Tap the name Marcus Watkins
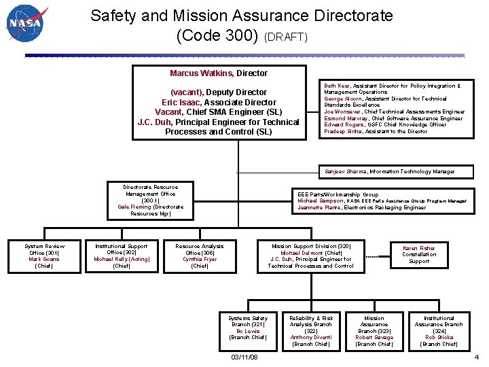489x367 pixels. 202,73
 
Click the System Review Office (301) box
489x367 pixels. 45,256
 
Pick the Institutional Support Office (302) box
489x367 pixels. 122,256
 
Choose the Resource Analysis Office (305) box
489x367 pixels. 200,256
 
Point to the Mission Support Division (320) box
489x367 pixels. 311,256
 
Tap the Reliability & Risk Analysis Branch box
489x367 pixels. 311,331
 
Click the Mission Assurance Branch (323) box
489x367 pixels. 374,331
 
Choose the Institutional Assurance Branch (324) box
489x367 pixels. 439,331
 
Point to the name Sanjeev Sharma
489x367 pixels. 346,172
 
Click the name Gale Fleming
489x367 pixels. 134,207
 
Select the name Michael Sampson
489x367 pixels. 321,201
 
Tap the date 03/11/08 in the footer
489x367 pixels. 244,357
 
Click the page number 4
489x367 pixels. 476,357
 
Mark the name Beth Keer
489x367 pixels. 336,86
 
